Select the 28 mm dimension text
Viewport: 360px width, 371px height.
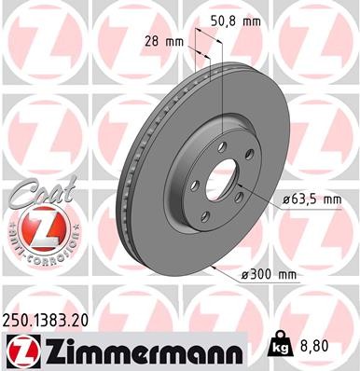[x=166, y=40]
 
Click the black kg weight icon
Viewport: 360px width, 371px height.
[x=277, y=346]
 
